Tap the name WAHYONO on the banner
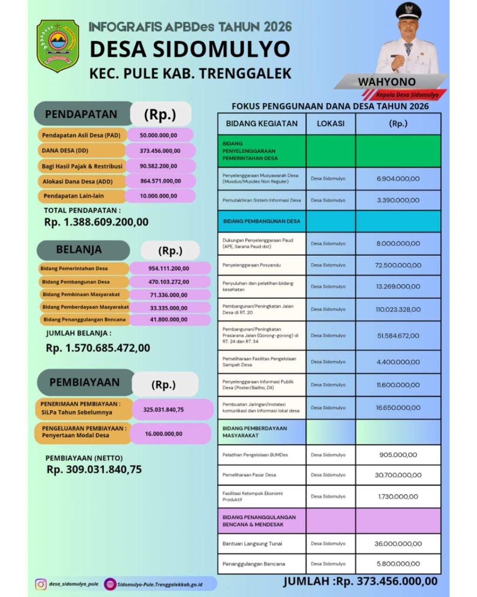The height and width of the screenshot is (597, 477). [x=387, y=82]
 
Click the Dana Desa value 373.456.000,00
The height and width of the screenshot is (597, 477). [x=160, y=151]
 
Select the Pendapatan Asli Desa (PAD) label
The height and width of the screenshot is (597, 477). [x=81, y=135]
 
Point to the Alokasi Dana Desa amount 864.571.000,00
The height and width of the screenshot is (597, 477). [x=160, y=181]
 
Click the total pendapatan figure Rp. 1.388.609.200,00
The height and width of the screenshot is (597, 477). [x=96, y=222]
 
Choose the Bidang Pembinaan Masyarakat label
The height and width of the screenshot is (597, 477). [x=81, y=295]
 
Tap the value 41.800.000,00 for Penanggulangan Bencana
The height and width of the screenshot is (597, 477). [x=169, y=320]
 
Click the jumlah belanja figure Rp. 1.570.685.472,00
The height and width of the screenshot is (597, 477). [x=98, y=348]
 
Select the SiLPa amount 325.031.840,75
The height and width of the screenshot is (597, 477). [x=163, y=410]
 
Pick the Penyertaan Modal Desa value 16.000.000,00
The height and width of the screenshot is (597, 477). [x=163, y=434]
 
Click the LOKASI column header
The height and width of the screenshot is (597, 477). [x=330, y=124]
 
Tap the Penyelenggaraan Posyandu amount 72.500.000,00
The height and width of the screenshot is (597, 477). [x=398, y=265]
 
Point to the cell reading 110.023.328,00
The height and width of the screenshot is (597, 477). [x=398, y=309]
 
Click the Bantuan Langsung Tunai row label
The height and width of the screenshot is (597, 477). [x=252, y=544]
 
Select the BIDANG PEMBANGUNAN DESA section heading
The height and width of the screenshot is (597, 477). [x=262, y=221]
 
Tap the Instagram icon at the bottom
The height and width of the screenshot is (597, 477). [x=41, y=584]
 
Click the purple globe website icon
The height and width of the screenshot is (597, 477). [x=110, y=584]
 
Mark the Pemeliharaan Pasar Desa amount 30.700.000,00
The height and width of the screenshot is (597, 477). [x=398, y=475]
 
